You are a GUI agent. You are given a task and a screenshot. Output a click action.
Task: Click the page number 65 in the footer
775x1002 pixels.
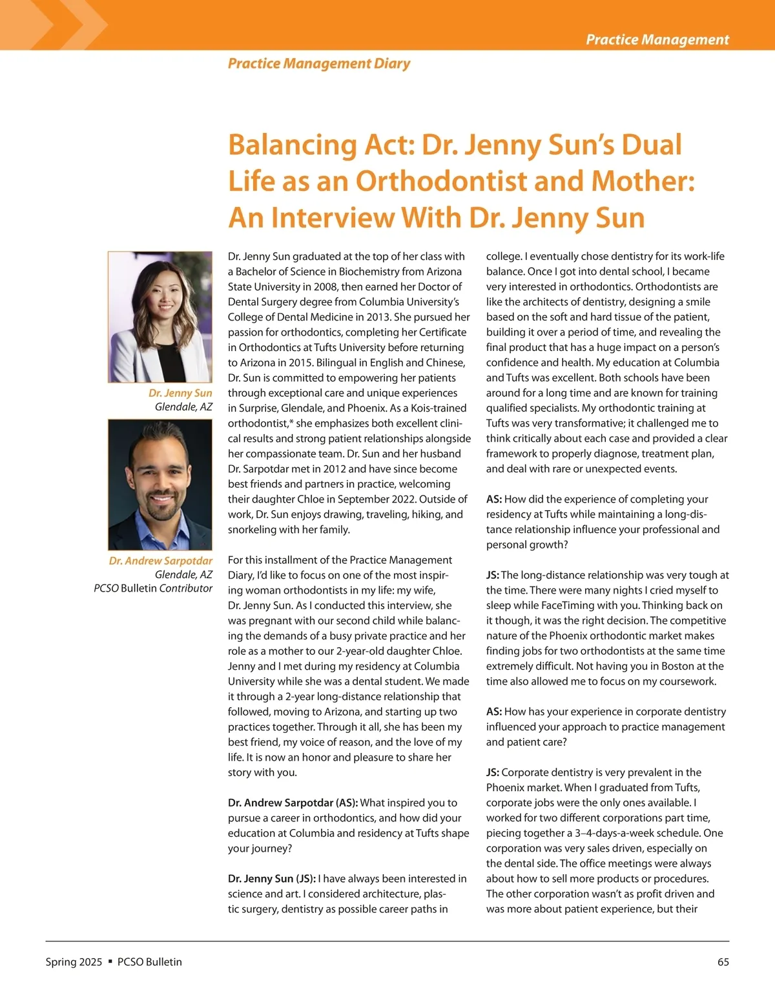pos(723,962)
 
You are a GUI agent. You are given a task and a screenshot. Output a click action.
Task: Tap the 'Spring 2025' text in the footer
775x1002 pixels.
pos(74,962)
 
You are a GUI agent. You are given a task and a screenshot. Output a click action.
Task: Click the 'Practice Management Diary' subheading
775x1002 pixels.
pos(319,63)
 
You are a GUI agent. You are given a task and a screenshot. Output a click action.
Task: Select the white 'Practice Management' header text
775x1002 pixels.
pos(657,39)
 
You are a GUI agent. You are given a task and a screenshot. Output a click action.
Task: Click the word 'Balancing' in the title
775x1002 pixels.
pos(291,145)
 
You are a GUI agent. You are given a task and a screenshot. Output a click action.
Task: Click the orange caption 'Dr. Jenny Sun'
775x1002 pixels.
pos(180,393)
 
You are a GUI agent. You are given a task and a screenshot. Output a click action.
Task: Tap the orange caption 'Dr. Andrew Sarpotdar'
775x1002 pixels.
pos(160,561)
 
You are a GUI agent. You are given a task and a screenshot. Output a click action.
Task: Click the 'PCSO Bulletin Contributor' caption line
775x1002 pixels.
pos(153,588)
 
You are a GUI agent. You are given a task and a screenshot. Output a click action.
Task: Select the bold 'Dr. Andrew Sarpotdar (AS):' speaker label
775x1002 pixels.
pos(293,803)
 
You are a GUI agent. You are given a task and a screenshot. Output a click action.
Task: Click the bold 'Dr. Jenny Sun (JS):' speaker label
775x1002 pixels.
pos(272,879)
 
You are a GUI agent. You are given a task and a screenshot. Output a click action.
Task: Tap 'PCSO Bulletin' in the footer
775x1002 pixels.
pos(150,962)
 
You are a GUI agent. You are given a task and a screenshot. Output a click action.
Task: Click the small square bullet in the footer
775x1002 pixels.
pos(110,961)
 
